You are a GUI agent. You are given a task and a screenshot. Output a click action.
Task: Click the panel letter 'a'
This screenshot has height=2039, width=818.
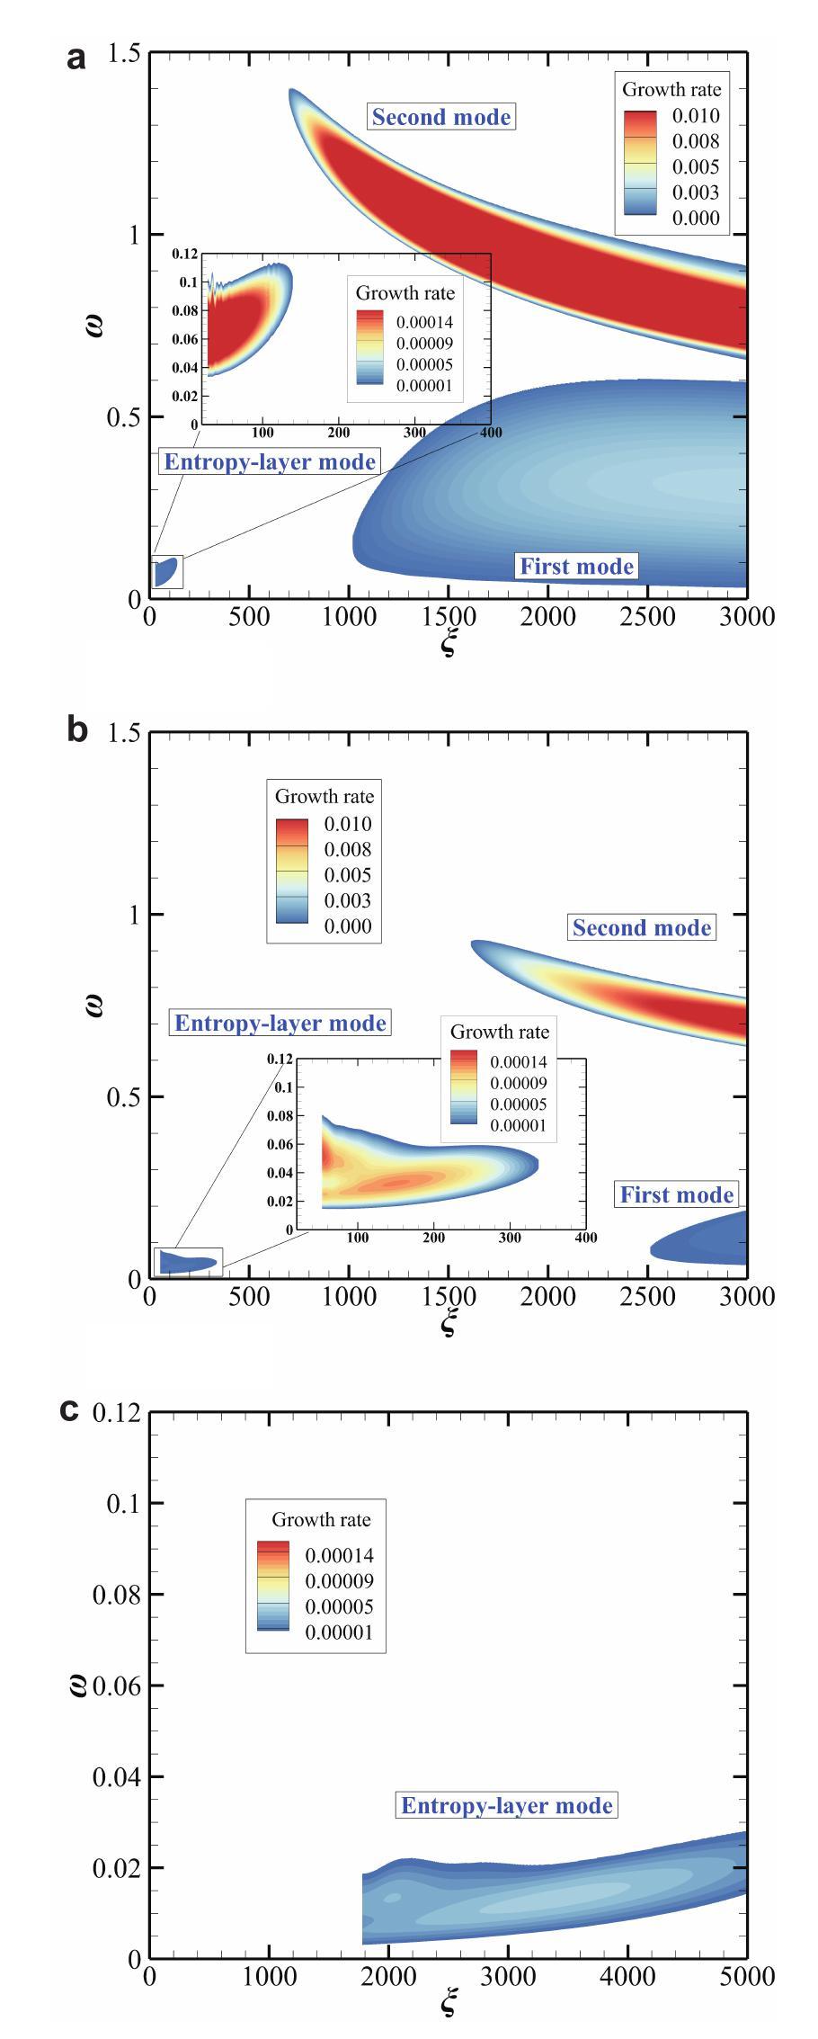(x=77, y=58)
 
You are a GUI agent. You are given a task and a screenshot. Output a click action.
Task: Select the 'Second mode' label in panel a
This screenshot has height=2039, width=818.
(x=441, y=117)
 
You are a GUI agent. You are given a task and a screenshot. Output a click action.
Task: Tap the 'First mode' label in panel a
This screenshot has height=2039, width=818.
(x=576, y=566)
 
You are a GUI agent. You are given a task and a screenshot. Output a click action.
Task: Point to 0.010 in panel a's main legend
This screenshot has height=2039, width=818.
(x=696, y=116)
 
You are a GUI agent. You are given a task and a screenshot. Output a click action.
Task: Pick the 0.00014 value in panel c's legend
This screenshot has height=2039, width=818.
(x=339, y=1555)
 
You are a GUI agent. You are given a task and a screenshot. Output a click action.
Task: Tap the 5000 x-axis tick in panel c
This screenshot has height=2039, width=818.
(x=747, y=1976)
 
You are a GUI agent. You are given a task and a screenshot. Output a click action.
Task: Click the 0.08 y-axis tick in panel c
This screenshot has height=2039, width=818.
(x=117, y=1595)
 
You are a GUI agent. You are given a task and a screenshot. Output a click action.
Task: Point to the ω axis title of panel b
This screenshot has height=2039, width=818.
(x=94, y=1005)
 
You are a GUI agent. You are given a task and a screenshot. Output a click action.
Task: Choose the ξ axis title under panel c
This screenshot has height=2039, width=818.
(x=449, y=2005)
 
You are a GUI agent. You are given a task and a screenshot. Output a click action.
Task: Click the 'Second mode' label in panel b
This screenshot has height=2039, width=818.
(x=642, y=927)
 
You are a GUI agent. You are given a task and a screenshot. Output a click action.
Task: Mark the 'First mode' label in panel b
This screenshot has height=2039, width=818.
(x=677, y=1194)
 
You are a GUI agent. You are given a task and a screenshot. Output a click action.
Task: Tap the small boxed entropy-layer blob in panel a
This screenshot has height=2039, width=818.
(x=165, y=572)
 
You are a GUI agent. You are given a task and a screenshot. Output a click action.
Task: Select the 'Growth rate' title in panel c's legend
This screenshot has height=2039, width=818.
(x=321, y=1519)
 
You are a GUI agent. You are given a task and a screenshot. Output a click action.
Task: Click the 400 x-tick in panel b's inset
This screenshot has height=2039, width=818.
(x=585, y=1238)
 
